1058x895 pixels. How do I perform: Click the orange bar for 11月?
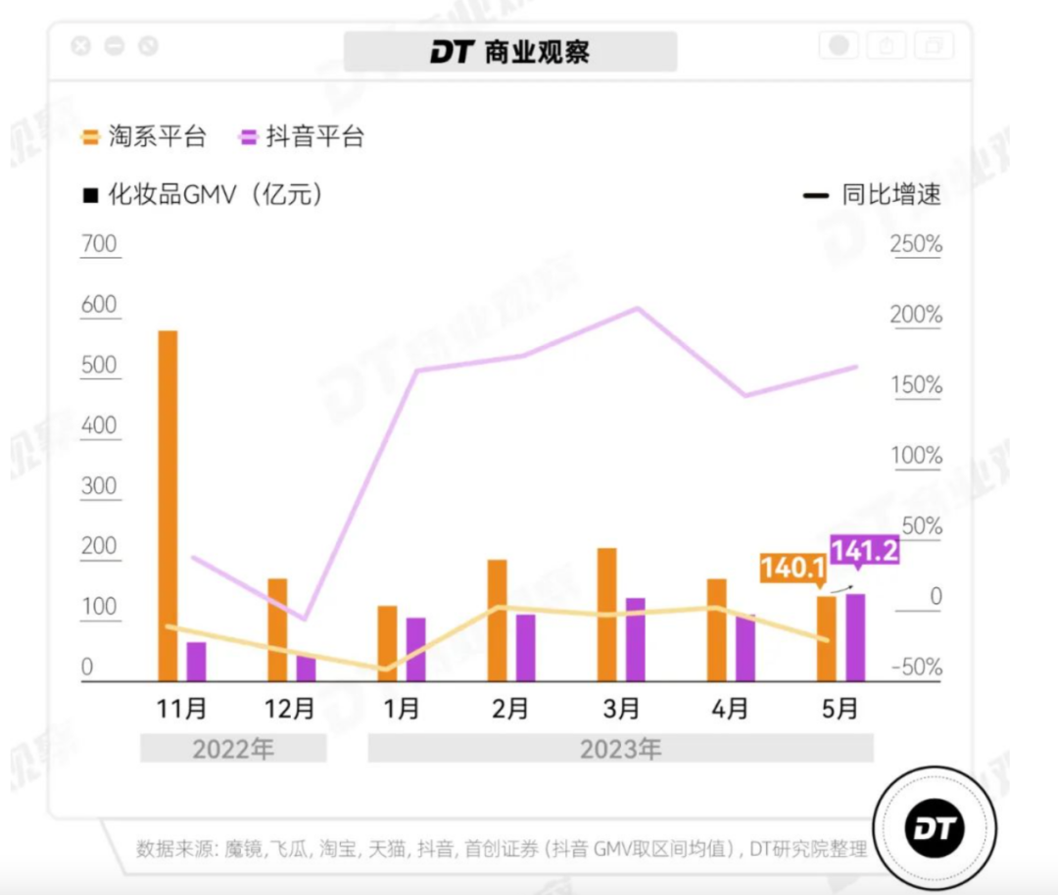pyautogui.click(x=168, y=505)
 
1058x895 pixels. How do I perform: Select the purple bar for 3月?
pyautogui.click(x=635, y=639)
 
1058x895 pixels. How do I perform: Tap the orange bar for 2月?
pyautogui.click(x=497, y=620)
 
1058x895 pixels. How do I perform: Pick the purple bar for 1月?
pyautogui.click(x=415, y=649)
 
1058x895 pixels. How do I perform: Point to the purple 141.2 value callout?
pyautogui.click(x=863, y=551)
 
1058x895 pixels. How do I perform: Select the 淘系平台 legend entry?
pyautogui.click(x=144, y=136)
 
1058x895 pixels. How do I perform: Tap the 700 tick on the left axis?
pyautogui.click(x=99, y=243)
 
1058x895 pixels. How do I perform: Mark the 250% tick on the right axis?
pyautogui.click(x=915, y=243)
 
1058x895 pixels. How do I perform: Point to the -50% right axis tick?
pyautogui.click(x=915, y=668)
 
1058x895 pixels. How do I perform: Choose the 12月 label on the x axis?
pyautogui.click(x=291, y=708)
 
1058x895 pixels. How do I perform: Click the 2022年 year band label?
pyautogui.click(x=233, y=750)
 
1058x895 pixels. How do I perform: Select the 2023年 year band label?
pyautogui.click(x=620, y=750)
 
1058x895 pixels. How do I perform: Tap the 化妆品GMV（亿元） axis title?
pyautogui.click(x=203, y=194)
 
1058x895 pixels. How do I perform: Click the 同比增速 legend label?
pyautogui.click(x=890, y=194)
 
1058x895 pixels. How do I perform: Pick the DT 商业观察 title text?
pyautogui.click(x=510, y=52)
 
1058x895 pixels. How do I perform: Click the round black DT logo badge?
pyautogui.click(x=934, y=828)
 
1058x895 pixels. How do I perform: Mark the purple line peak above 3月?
pyautogui.click(x=637, y=308)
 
